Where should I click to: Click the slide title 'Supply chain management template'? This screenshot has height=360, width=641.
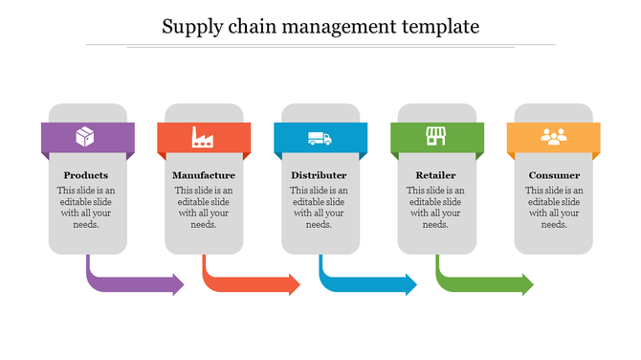pyautogui.click(x=320, y=26)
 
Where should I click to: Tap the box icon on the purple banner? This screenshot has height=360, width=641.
pyautogui.click(x=86, y=138)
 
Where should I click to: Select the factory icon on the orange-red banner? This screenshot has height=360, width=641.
pyautogui.click(x=203, y=138)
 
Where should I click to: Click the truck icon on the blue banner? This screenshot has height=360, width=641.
pyautogui.click(x=320, y=139)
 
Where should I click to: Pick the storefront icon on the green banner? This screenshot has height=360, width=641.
pyautogui.click(x=436, y=137)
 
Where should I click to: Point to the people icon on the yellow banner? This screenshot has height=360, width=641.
pyautogui.click(x=554, y=138)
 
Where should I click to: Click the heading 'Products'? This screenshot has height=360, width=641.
pyautogui.click(x=86, y=176)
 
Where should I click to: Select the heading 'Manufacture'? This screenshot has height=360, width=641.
pyautogui.click(x=204, y=176)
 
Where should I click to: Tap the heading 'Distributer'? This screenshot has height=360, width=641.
pyautogui.click(x=320, y=176)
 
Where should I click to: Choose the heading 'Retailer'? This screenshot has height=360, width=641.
pyautogui.click(x=436, y=176)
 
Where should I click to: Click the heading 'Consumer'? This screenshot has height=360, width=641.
pyautogui.click(x=554, y=176)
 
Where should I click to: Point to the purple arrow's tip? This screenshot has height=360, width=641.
pyautogui.click(x=182, y=283)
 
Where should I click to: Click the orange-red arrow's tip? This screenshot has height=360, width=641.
pyautogui.click(x=298, y=283)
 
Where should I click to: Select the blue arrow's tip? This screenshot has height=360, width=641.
pyautogui.click(x=415, y=283)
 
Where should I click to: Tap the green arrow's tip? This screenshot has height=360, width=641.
pyautogui.click(x=532, y=283)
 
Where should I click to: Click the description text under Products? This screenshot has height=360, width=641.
pyautogui.click(x=86, y=208)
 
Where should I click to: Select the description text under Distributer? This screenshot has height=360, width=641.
pyautogui.click(x=320, y=208)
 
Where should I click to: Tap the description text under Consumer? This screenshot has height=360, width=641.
pyautogui.click(x=554, y=208)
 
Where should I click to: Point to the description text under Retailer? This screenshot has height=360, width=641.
pyautogui.click(x=436, y=208)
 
